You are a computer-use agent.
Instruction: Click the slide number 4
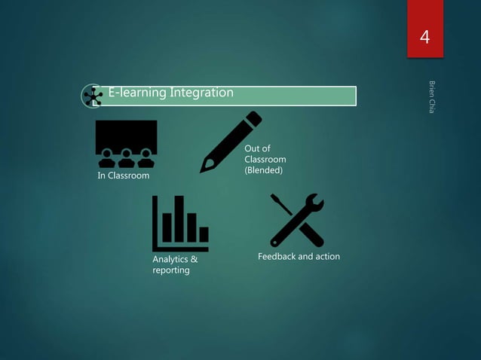[425, 37]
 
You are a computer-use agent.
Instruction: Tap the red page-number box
[425, 30]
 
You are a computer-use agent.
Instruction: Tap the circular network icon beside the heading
[93, 96]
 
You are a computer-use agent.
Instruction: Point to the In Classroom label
[124, 176]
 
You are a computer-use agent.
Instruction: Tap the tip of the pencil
[203, 170]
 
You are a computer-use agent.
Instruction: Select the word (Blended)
[263, 171]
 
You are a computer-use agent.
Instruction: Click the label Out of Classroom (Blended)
[265, 160]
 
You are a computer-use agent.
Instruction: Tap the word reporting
[170, 270]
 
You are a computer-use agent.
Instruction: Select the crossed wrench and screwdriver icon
[297, 220]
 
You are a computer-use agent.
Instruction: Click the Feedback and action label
[299, 257]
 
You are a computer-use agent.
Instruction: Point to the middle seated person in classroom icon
[126, 159]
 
